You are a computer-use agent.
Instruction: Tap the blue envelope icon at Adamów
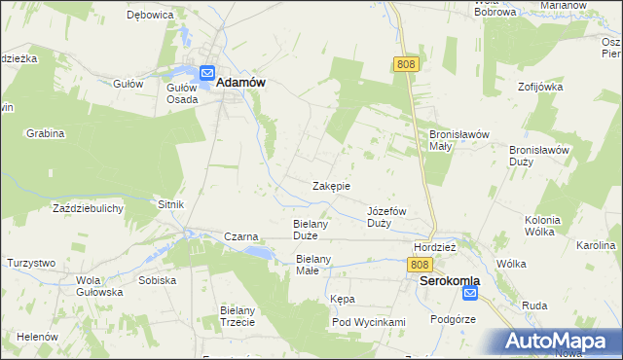[207, 73]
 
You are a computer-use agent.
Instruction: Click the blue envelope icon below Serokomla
[471, 293]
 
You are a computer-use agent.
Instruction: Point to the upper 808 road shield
[407, 63]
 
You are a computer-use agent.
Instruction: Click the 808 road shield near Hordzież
[420, 265]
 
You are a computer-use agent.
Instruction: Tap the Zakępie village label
[331, 186]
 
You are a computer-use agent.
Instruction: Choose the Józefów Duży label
[386, 217]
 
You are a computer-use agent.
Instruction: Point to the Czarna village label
[240, 236]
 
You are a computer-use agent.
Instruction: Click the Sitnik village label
[170, 204]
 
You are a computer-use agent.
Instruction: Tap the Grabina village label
[45, 132]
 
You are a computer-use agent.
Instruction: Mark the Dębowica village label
[150, 16]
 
